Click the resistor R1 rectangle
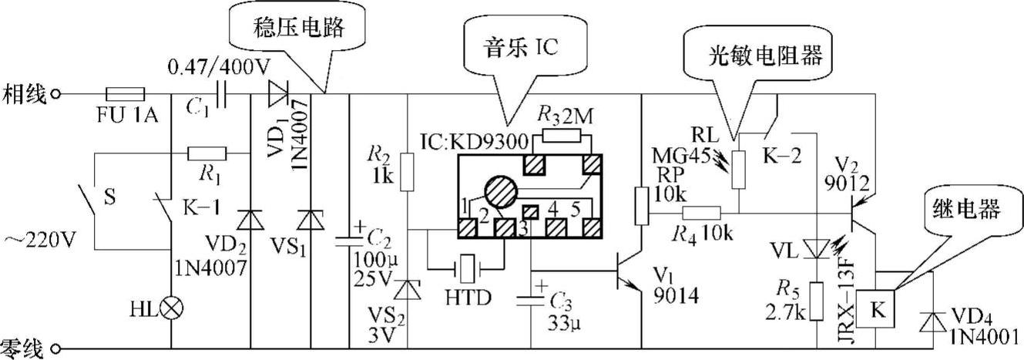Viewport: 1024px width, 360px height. (x=206, y=153)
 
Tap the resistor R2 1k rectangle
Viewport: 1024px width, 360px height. (x=408, y=168)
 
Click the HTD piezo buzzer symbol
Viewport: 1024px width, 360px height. (x=467, y=268)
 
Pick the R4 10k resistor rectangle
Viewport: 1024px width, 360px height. (x=700, y=212)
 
